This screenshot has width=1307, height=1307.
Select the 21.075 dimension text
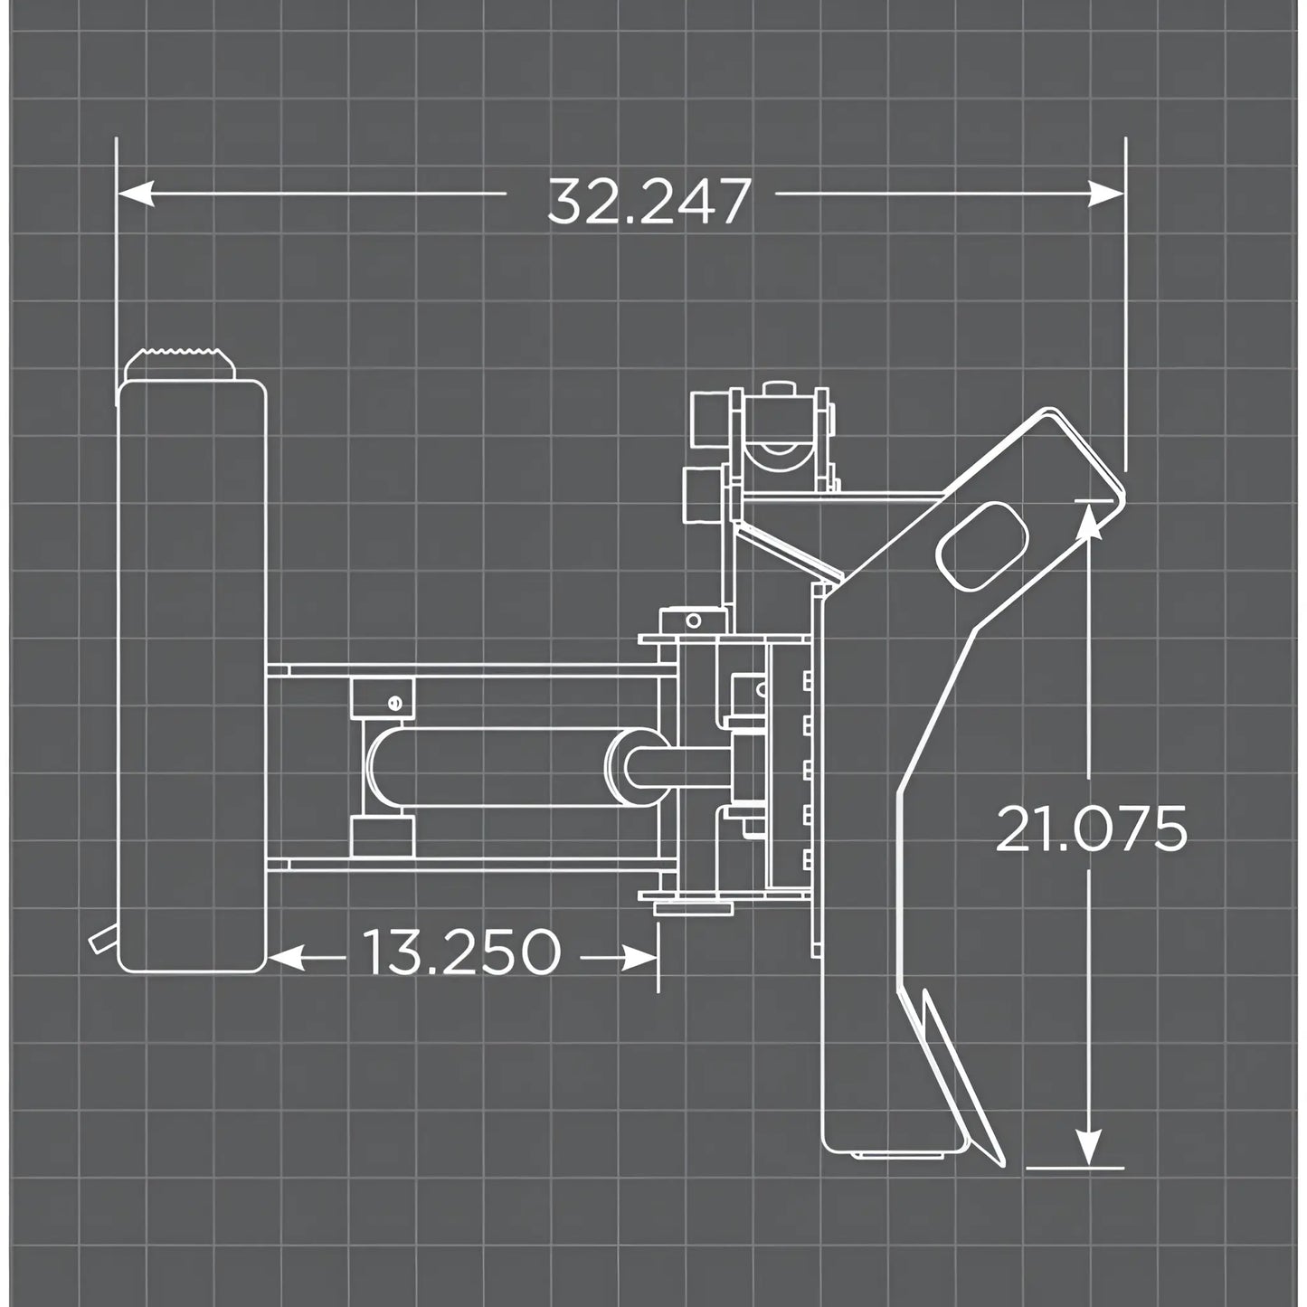pos(1090,829)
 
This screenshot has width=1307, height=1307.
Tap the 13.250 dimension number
pos(461,953)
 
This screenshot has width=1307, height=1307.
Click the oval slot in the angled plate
pos(983,548)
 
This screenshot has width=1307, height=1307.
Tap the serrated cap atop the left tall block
pos(180,363)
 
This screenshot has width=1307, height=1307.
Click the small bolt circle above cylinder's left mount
pos(393,702)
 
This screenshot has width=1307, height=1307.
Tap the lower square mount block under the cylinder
pos(382,835)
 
